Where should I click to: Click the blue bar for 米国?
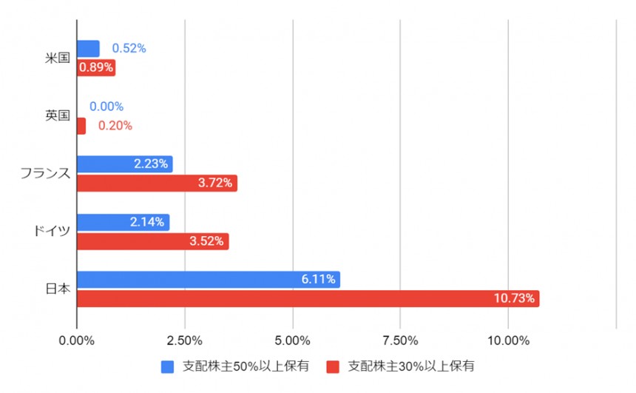tap(88, 49)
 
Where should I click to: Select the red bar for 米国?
tap(96, 68)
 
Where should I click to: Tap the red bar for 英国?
tap(81, 126)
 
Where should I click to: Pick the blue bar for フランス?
tap(124, 164)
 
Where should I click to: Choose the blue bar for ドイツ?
tap(123, 222)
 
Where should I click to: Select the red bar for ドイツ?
tap(152, 241)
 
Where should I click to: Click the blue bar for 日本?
tap(208, 280)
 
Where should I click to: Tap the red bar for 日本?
tap(308, 299)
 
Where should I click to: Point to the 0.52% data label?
tap(129, 49)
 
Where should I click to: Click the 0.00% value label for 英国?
tap(106, 107)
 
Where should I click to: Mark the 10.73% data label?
tap(515, 299)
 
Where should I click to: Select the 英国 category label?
tap(58, 116)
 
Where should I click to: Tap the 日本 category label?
tap(58, 289)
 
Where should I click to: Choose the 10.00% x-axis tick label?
tap(508, 340)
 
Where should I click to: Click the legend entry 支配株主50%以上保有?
tap(237, 366)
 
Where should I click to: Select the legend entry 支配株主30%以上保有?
tap(404, 366)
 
